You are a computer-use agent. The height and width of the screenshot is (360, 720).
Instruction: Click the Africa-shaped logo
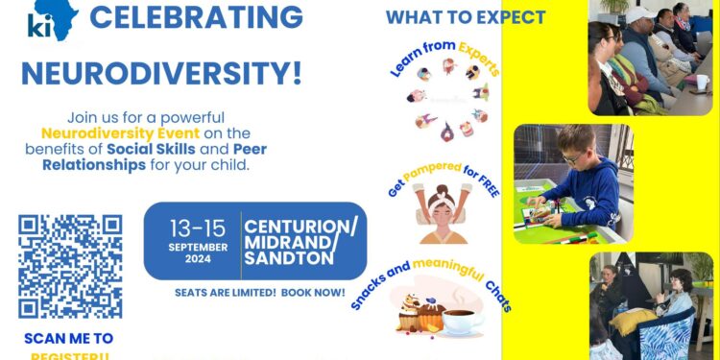point(50,20)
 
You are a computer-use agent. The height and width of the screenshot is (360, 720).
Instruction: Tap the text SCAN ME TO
point(69,338)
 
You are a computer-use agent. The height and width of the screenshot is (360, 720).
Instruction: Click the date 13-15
point(199,229)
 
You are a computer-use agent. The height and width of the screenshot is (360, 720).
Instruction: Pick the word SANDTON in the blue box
point(288,259)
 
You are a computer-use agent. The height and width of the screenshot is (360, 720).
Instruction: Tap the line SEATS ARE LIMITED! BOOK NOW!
point(259,292)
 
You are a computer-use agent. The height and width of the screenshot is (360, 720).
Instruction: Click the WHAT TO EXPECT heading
point(466,17)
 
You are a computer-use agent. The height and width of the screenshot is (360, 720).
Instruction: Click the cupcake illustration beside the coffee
point(422,312)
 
